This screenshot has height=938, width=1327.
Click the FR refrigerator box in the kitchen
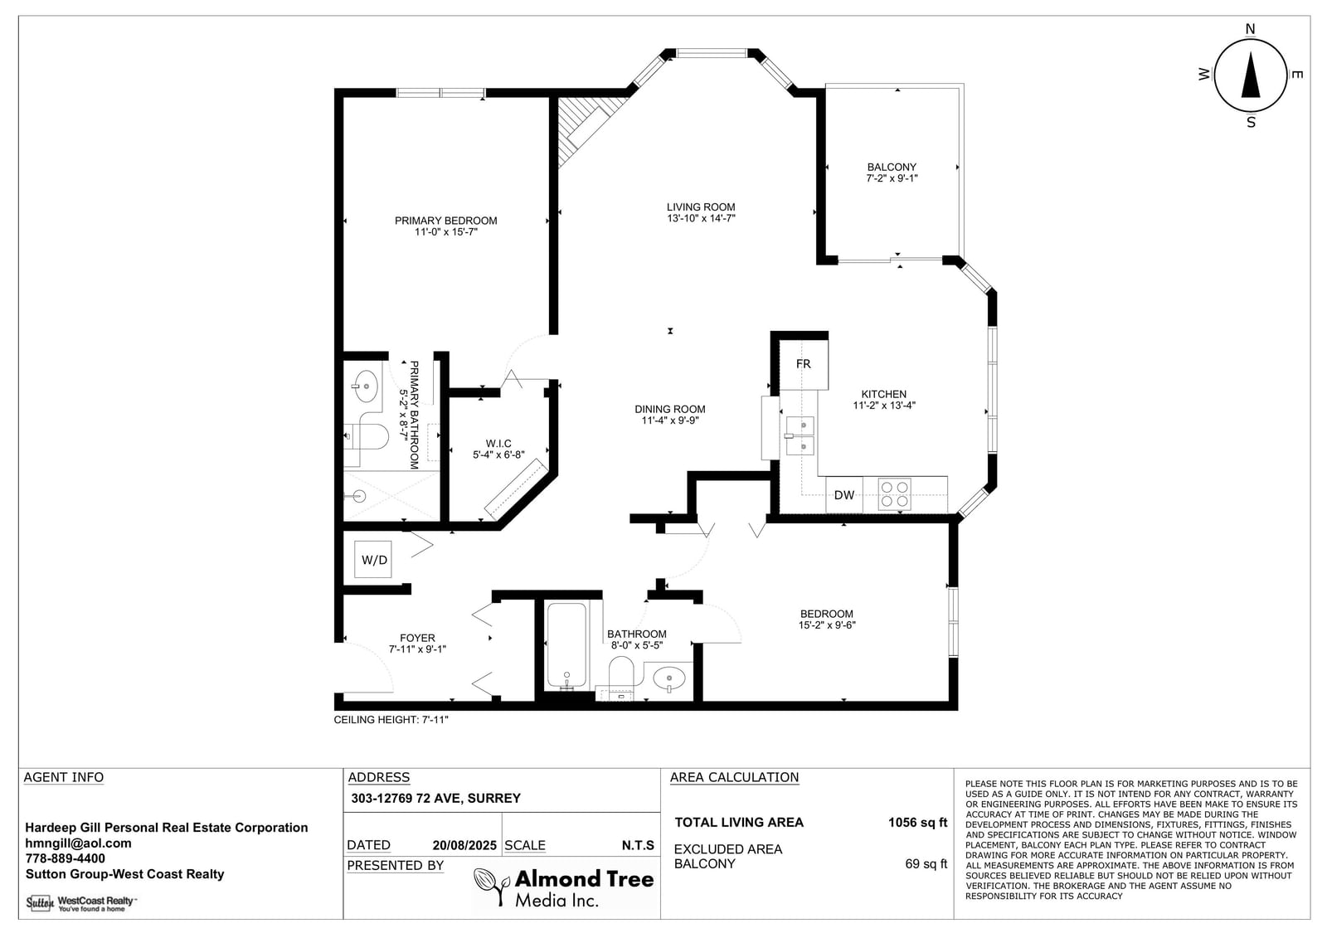804,364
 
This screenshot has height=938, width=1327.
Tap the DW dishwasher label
844,495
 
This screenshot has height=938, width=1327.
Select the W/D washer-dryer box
374,559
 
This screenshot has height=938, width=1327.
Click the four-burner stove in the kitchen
895,494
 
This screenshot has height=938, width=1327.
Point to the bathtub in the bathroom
567,646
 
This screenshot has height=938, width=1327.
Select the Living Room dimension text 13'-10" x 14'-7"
701,218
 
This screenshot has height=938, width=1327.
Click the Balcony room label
892,167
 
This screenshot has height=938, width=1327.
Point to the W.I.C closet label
498,443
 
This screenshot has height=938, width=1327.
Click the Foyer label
417,638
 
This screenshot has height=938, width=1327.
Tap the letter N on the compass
1250,29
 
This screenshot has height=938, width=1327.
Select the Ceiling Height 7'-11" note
391,720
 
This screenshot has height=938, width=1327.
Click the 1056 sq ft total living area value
917,823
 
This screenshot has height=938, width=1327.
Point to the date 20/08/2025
464,846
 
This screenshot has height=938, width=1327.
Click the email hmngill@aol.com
78,843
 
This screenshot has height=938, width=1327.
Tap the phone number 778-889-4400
66,858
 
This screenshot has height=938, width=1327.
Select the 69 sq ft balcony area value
926,864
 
